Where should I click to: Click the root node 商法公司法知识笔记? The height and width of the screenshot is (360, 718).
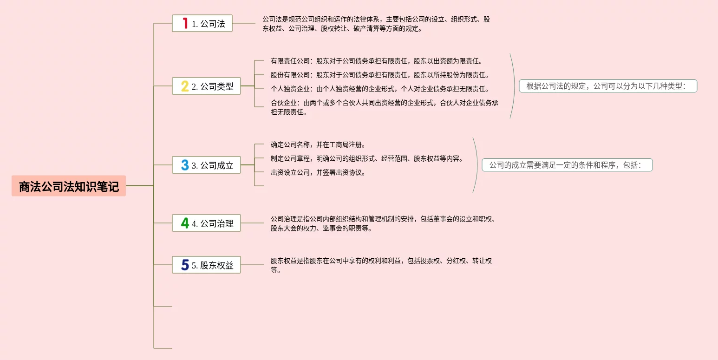pyautogui.click(x=69, y=186)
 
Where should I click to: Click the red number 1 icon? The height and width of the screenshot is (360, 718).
pyautogui.click(x=185, y=23)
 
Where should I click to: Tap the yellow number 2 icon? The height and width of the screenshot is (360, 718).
pyautogui.click(x=185, y=86)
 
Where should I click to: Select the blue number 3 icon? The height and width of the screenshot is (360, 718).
pyautogui.click(x=185, y=165)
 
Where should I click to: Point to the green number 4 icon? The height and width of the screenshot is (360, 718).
pyautogui.click(x=185, y=223)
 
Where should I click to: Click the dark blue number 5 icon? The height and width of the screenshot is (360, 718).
pyautogui.click(x=185, y=265)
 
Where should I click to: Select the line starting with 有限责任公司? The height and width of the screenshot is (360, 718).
pyautogui.click(x=377, y=61)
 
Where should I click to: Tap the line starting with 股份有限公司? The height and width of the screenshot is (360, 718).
pyautogui.click(x=380, y=75)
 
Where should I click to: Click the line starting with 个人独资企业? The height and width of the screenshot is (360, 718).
pyautogui.click(x=380, y=89)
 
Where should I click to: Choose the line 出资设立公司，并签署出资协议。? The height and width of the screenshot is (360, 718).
pyautogui.click(x=318, y=173)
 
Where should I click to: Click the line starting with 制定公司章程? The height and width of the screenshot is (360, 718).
pyautogui.click(x=367, y=159)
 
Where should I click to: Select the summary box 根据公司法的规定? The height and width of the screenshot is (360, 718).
pyautogui.click(x=607, y=86)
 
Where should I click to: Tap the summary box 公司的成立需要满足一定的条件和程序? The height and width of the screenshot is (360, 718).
pyautogui.click(x=567, y=165)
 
